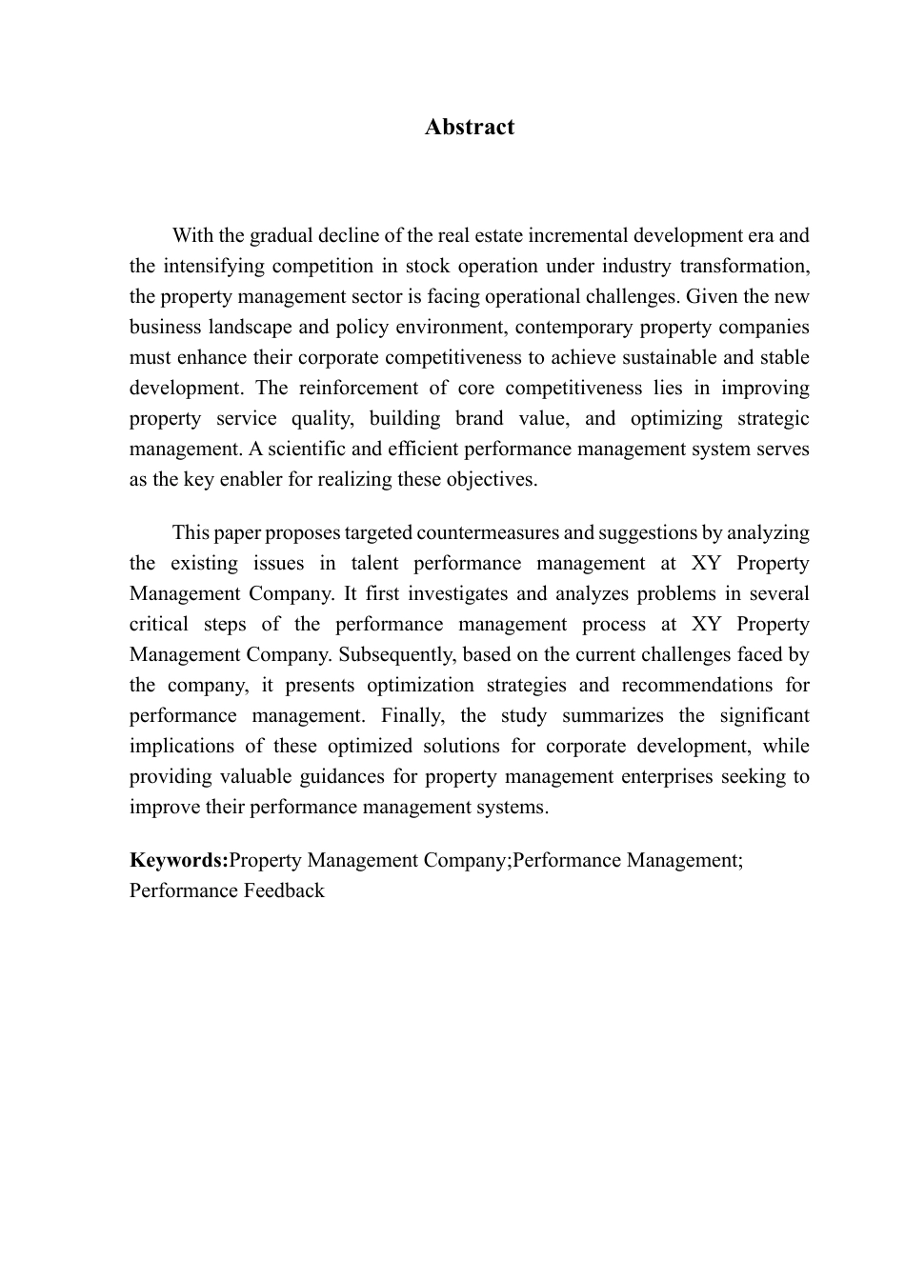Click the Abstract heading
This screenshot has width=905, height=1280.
coord(470,128)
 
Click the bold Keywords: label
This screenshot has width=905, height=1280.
coord(179,861)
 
